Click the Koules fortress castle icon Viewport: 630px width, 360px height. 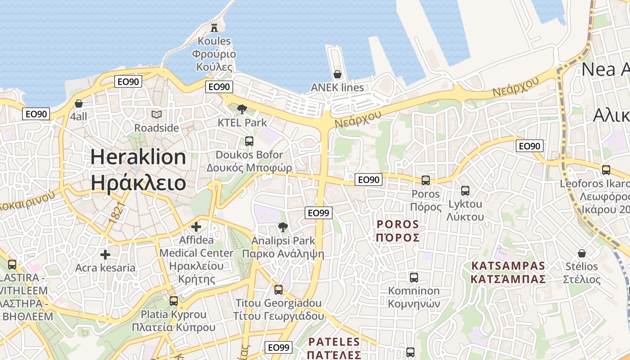coord(214,27)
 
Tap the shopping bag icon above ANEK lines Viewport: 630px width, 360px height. coord(337,74)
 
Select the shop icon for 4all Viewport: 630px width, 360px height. coord(79,103)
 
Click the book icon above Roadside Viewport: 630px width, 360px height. coord(156,115)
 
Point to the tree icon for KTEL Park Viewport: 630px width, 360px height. coord(242,109)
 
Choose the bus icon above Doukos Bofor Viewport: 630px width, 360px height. coord(249,141)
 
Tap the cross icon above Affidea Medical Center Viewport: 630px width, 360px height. coord(196,227)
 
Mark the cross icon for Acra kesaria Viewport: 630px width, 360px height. coord(105,255)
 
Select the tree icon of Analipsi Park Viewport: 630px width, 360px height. coord(283,227)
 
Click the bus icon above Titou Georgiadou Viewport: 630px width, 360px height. coord(279,290)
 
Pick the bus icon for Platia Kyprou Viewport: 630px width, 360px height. coord(174,301)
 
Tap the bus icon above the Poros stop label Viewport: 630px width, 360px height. coord(426,180)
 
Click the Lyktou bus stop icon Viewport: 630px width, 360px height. coord(465,191)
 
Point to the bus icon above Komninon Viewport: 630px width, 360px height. coord(414,278)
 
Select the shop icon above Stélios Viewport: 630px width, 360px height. coord(582,253)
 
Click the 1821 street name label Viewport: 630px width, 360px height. coord(115,211)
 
